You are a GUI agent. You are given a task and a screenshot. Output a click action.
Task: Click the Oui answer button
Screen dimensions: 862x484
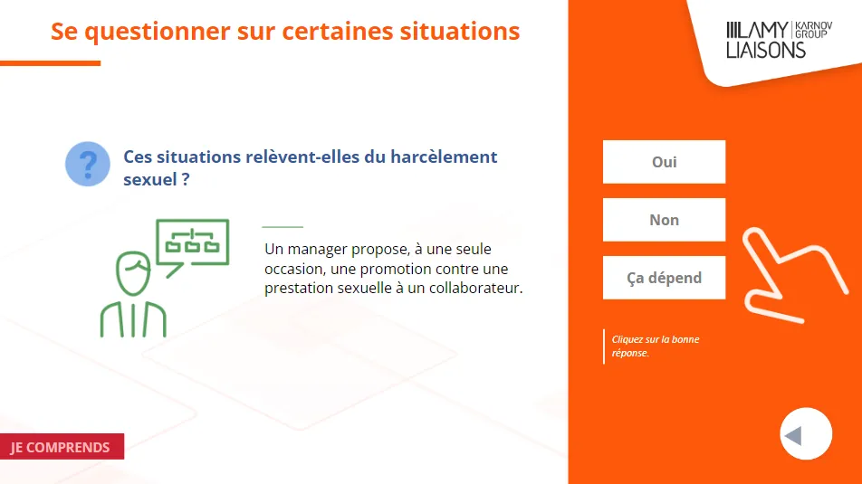click(664, 162)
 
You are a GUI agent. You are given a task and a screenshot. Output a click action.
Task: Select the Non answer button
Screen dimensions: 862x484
click(664, 220)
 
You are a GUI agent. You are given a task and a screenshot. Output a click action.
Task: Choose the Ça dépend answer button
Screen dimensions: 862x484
click(664, 278)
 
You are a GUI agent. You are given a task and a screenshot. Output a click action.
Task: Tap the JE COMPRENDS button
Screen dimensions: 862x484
click(62, 447)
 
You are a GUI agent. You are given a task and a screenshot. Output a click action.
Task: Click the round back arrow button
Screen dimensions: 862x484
click(806, 433)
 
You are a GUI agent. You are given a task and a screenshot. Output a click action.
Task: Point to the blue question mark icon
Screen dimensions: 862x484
click(88, 164)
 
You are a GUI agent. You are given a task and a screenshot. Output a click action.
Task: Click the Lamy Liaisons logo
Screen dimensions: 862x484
click(780, 40)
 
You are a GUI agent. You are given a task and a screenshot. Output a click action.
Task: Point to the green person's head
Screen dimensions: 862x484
click(133, 273)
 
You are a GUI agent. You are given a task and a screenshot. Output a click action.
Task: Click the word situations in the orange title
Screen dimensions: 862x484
click(460, 31)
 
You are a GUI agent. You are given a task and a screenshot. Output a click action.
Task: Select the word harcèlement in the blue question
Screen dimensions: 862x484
click(444, 157)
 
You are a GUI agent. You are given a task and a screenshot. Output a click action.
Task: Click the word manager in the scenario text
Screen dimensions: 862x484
click(317, 250)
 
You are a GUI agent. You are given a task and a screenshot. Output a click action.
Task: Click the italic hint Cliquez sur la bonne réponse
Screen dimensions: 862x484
click(656, 346)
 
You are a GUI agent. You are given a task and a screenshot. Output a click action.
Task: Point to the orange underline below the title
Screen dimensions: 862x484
click(50, 63)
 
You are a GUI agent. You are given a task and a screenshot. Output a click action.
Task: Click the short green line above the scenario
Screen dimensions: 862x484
click(283, 226)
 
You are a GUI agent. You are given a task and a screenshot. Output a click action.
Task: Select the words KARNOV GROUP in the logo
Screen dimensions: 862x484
click(814, 30)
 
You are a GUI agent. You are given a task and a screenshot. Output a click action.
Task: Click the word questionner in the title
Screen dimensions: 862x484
click(158, 32)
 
